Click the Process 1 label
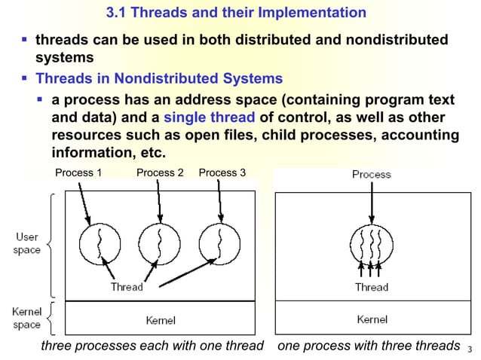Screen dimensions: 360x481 pyautogui.click(x=79, y=173)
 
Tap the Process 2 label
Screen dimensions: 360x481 pyautogui.click(x=160, y=173)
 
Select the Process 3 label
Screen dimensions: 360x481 pyautogui.click(x=222, y=173)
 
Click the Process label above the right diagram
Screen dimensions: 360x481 pyautogui.click(x=372, y=175)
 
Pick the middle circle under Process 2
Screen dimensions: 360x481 pyautogui.click(x=159, y=243)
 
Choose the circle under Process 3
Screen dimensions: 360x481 pyautogui.click(x=219, y=243)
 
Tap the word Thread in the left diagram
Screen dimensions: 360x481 pyautogui.click(x=126, y=287)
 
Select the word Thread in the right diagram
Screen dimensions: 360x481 pyautogui.click(x=372, y=287)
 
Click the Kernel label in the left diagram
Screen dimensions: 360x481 pyautogui.click(x=161, y=321)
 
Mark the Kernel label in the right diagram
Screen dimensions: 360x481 pyautogui.click(x=372, y=320)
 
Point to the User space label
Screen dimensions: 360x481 pyautogui.click(x=27, y=243)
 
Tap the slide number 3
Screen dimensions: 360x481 pyautogui.click(x=469, y=349)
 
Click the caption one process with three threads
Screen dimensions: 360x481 pyautogui.click(x=369, y=346)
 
